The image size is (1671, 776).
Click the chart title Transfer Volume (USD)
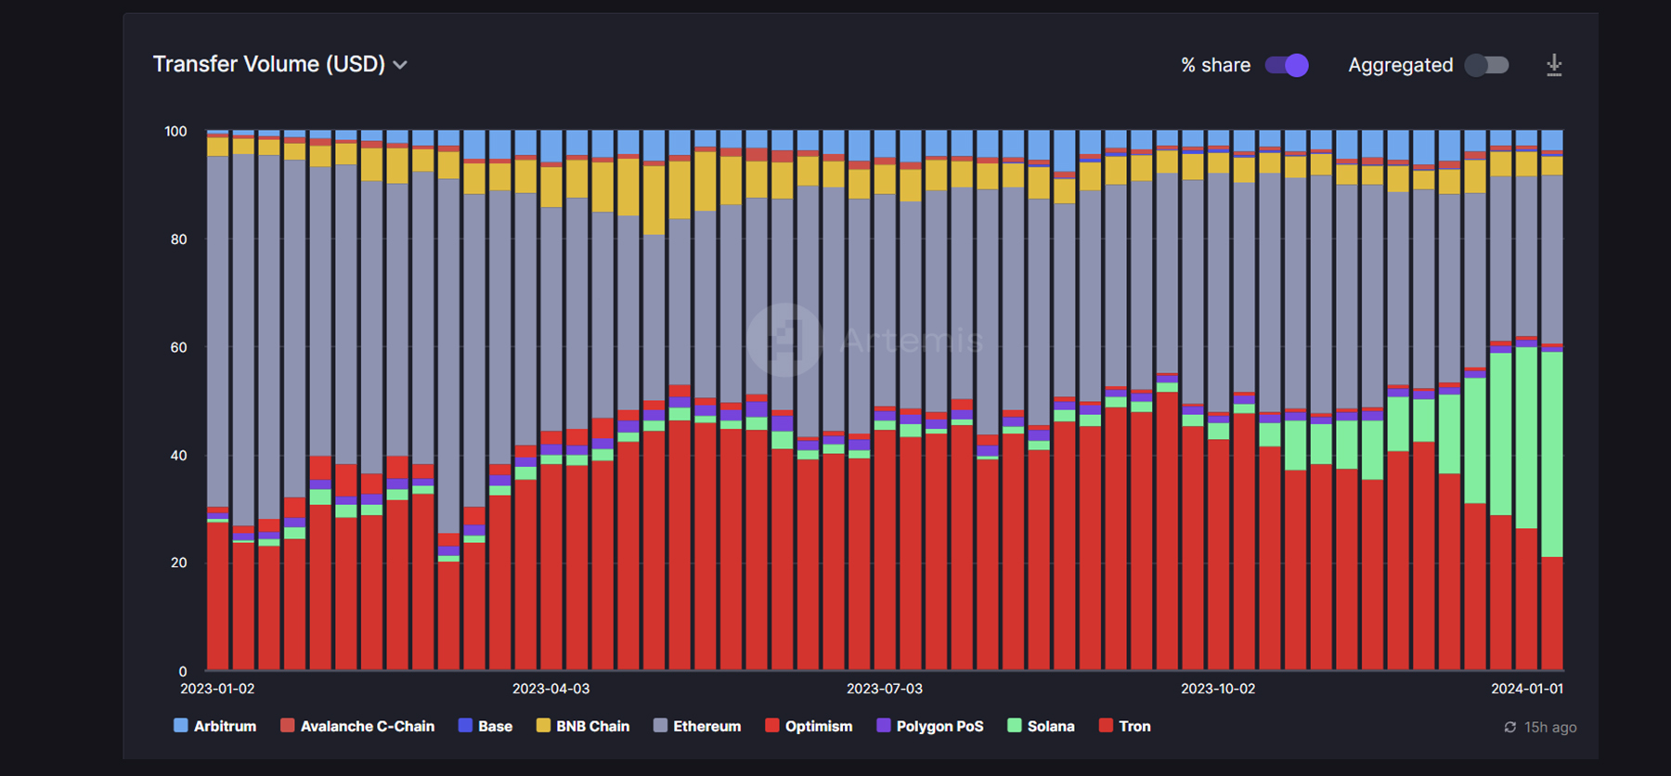(x=268, y=64)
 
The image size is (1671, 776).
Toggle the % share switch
(x=1287, y=65)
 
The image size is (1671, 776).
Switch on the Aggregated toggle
(x=1486, y=65)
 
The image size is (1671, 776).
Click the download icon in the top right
(x=1554, y=65)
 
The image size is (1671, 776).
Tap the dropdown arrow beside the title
(x=400, y=65)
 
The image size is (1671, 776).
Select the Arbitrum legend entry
(x=214, y=726)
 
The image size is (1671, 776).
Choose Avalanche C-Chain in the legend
(x=357, y=726)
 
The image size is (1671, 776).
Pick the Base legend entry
(x=486, y=726)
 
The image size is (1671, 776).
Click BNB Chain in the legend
(x=583, y=726)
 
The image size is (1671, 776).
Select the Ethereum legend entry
(x=697, y=726)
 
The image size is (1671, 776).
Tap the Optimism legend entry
(x=809, y=726)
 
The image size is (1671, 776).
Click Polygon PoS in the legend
(x=930, y=726)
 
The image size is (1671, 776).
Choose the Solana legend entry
(x=1042, y=726)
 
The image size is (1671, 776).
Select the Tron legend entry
(x=1125, y=726)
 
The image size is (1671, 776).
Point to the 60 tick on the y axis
(x=178, y=347)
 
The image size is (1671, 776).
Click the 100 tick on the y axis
(x=175, y=131)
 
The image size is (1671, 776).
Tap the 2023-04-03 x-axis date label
(x=551, y=689)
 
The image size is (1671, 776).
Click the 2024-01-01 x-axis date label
(x=1527, y=689)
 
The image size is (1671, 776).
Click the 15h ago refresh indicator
(x=1541, y=727)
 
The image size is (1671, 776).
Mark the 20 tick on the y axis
(x=178, y=563)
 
